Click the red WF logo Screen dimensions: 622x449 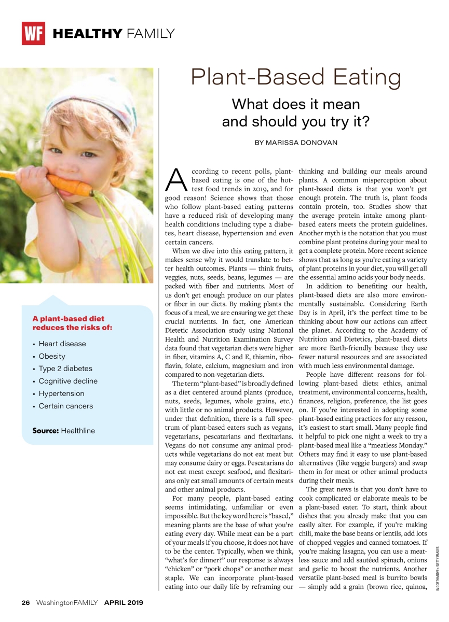33,34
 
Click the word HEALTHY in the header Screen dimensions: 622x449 87,34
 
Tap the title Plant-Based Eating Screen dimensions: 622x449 296,78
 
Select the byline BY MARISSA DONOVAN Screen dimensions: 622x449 296,143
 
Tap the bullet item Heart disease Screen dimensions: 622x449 62,344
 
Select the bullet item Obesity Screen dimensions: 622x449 52,356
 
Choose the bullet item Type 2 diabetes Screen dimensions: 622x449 65,369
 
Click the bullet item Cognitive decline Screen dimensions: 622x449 68,381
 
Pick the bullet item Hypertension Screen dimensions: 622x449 61,393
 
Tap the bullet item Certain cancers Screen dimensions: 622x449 66,406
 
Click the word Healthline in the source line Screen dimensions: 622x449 78,431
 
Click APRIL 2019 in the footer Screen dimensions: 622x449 124,603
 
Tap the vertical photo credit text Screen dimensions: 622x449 438,568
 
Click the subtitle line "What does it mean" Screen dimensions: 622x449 296,104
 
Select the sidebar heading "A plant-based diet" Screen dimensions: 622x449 68,319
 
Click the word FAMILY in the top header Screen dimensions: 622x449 150,34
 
